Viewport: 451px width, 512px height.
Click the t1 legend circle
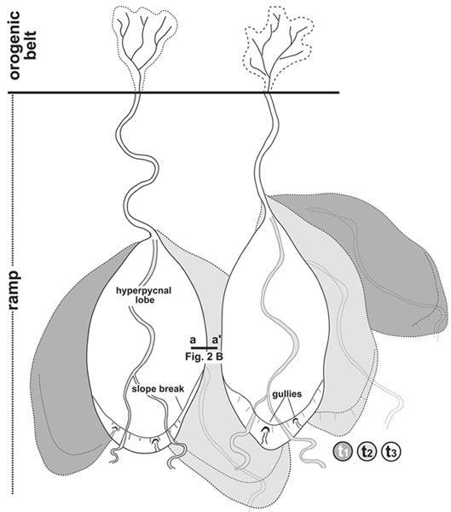coord(343,451)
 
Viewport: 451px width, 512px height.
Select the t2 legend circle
coord(367,451)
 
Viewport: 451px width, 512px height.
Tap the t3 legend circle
coord(391,451)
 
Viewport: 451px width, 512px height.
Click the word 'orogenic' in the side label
coord(14,45)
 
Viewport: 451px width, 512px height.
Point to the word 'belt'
coord(31,45)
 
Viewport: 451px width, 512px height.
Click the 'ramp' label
coord(14,290)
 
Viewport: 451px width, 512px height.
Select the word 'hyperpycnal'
coord(143,291)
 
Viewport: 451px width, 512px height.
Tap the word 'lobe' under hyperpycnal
coord(145,300)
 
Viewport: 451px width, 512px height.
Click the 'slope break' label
coord(158,389)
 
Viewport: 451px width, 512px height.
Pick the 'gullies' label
coord(287,394)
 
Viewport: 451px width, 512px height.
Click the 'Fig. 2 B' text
coord(204,357)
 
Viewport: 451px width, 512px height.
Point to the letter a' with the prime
coord(217,340)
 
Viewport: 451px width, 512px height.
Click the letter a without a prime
coord(193,340)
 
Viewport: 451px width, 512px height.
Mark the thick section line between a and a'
coord(205,348)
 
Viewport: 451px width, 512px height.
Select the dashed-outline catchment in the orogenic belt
coord(279,46)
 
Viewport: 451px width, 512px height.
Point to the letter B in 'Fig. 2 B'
coord(220,357)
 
